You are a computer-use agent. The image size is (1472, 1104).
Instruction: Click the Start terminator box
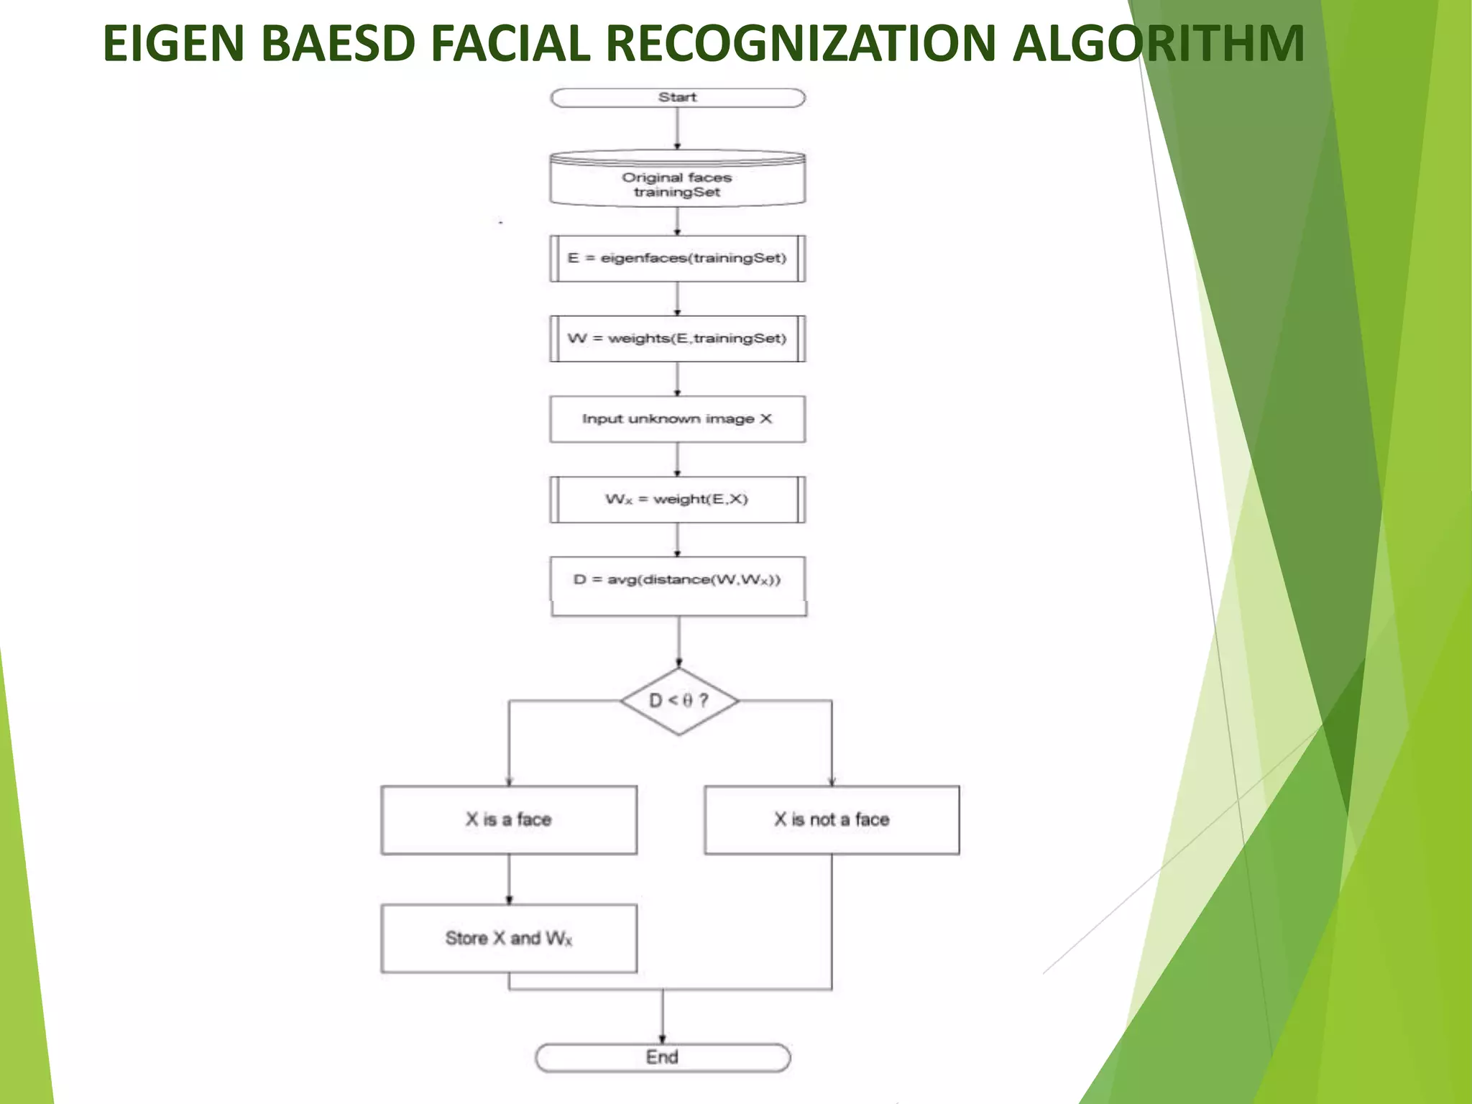tap(677, 98)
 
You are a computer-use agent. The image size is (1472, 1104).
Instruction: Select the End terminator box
tap(662, 1057)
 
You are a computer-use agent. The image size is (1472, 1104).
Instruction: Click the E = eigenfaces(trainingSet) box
tap(677, 258)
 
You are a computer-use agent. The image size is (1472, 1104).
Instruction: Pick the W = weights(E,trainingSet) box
tap(677, 339)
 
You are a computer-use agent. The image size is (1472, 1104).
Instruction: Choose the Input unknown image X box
tap(677, 419)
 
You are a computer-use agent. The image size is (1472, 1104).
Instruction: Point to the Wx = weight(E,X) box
tap(677, 500)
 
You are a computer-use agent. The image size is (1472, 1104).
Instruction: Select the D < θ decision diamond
tap(679, 701)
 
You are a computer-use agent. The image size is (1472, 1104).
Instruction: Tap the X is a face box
tap(509, 819)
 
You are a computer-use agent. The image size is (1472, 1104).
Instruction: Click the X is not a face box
tap(832, 819)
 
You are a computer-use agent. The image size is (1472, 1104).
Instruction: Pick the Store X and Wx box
tap(509, 938)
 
